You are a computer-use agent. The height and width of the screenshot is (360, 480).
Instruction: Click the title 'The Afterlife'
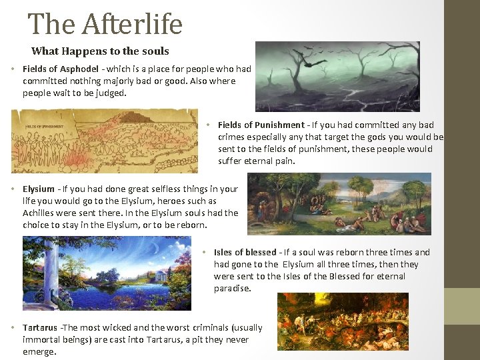coord(105,25)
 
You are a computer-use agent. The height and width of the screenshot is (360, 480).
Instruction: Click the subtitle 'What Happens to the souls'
coord(100,51)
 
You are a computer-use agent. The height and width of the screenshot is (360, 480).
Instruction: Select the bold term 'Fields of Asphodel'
coord(61,69)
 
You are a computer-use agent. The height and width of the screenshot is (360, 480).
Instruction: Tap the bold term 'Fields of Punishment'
coord(261,125)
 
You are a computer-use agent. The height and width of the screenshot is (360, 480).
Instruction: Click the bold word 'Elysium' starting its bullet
coord(39,189)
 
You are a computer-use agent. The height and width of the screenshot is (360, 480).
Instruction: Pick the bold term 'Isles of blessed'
coord(245,252)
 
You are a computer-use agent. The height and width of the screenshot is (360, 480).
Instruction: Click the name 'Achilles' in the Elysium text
coord(39,213)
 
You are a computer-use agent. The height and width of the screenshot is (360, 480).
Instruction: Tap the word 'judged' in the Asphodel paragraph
coord(111,93)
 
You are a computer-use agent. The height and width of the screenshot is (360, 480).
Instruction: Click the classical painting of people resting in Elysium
coord(339,204)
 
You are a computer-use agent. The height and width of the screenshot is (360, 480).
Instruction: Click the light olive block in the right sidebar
coord(462,306)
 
